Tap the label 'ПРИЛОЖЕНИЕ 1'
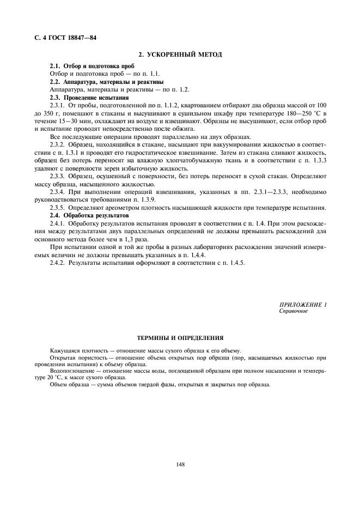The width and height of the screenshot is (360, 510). click(302, 305)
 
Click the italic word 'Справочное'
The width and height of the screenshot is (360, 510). click(294, 311)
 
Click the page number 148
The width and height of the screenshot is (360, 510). click(180, 464)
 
